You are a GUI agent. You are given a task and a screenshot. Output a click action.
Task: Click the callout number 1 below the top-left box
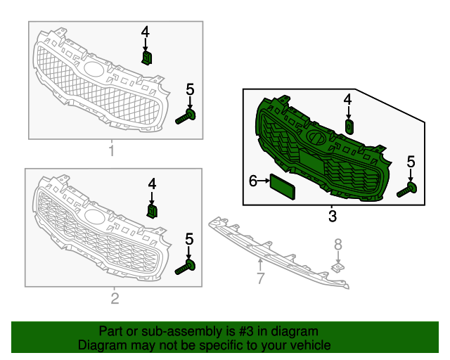point(112,150)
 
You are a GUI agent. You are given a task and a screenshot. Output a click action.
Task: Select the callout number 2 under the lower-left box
point(115,299)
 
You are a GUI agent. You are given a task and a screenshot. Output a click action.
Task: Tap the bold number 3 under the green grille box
point(333,216)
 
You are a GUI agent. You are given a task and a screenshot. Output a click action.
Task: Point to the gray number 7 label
point(260,278)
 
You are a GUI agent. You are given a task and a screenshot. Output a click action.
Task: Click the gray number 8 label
point(338,245)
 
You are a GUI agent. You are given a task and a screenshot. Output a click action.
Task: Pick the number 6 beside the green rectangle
point(253,181)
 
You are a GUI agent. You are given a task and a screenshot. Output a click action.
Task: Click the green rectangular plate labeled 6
point(283,186)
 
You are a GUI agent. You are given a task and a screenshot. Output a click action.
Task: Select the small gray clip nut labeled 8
point(338,268)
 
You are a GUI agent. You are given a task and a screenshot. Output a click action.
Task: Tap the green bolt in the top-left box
point(186,117)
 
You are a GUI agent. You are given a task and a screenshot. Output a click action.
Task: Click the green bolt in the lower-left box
point(185,267)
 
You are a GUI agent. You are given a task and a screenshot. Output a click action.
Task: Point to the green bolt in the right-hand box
point(406,190)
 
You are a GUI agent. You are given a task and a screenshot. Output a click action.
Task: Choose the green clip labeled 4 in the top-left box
point(147,58)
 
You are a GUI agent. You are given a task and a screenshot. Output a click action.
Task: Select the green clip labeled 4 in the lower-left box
point(152,212)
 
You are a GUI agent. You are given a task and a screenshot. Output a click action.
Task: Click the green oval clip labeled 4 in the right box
point(349,127)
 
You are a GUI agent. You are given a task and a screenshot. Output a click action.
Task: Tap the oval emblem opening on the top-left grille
point(94,69)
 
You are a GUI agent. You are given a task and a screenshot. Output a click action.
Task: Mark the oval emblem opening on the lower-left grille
point(94,217)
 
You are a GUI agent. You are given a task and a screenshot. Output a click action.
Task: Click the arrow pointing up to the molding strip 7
point(260,264)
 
